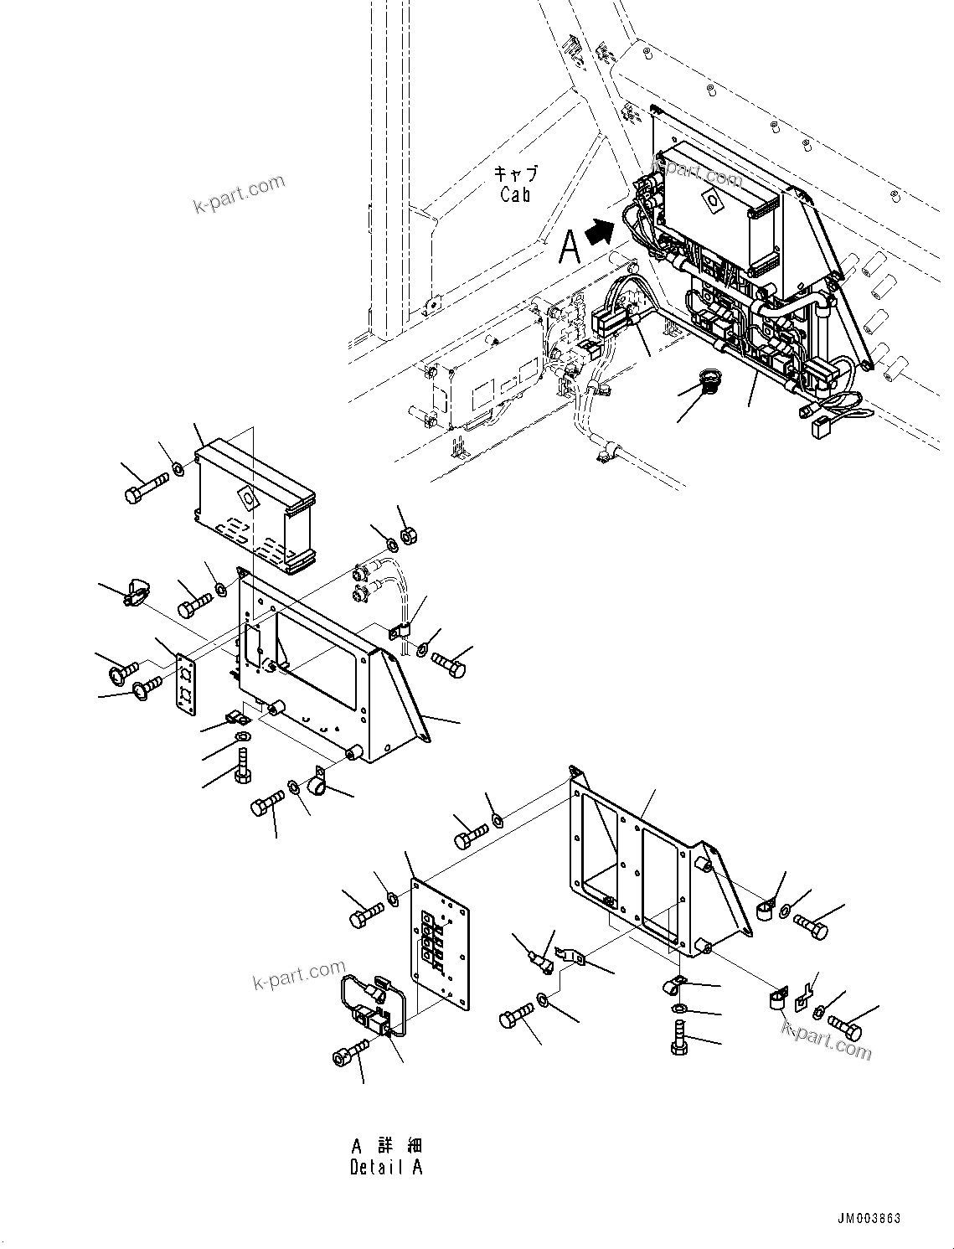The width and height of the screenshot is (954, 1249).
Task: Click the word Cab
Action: (515, 195)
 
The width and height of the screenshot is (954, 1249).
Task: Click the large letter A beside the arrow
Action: (570, 247)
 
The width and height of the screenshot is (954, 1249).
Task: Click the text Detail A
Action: (386, 1168)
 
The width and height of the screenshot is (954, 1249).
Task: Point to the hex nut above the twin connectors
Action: (410, 534)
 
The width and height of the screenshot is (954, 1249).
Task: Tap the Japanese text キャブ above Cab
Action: (514, 174)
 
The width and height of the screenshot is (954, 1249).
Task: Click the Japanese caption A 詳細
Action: (386, 1145)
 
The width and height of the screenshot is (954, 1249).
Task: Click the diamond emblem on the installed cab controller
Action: (713, 200)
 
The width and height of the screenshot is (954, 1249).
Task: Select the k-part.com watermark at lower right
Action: (826, 1038)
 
